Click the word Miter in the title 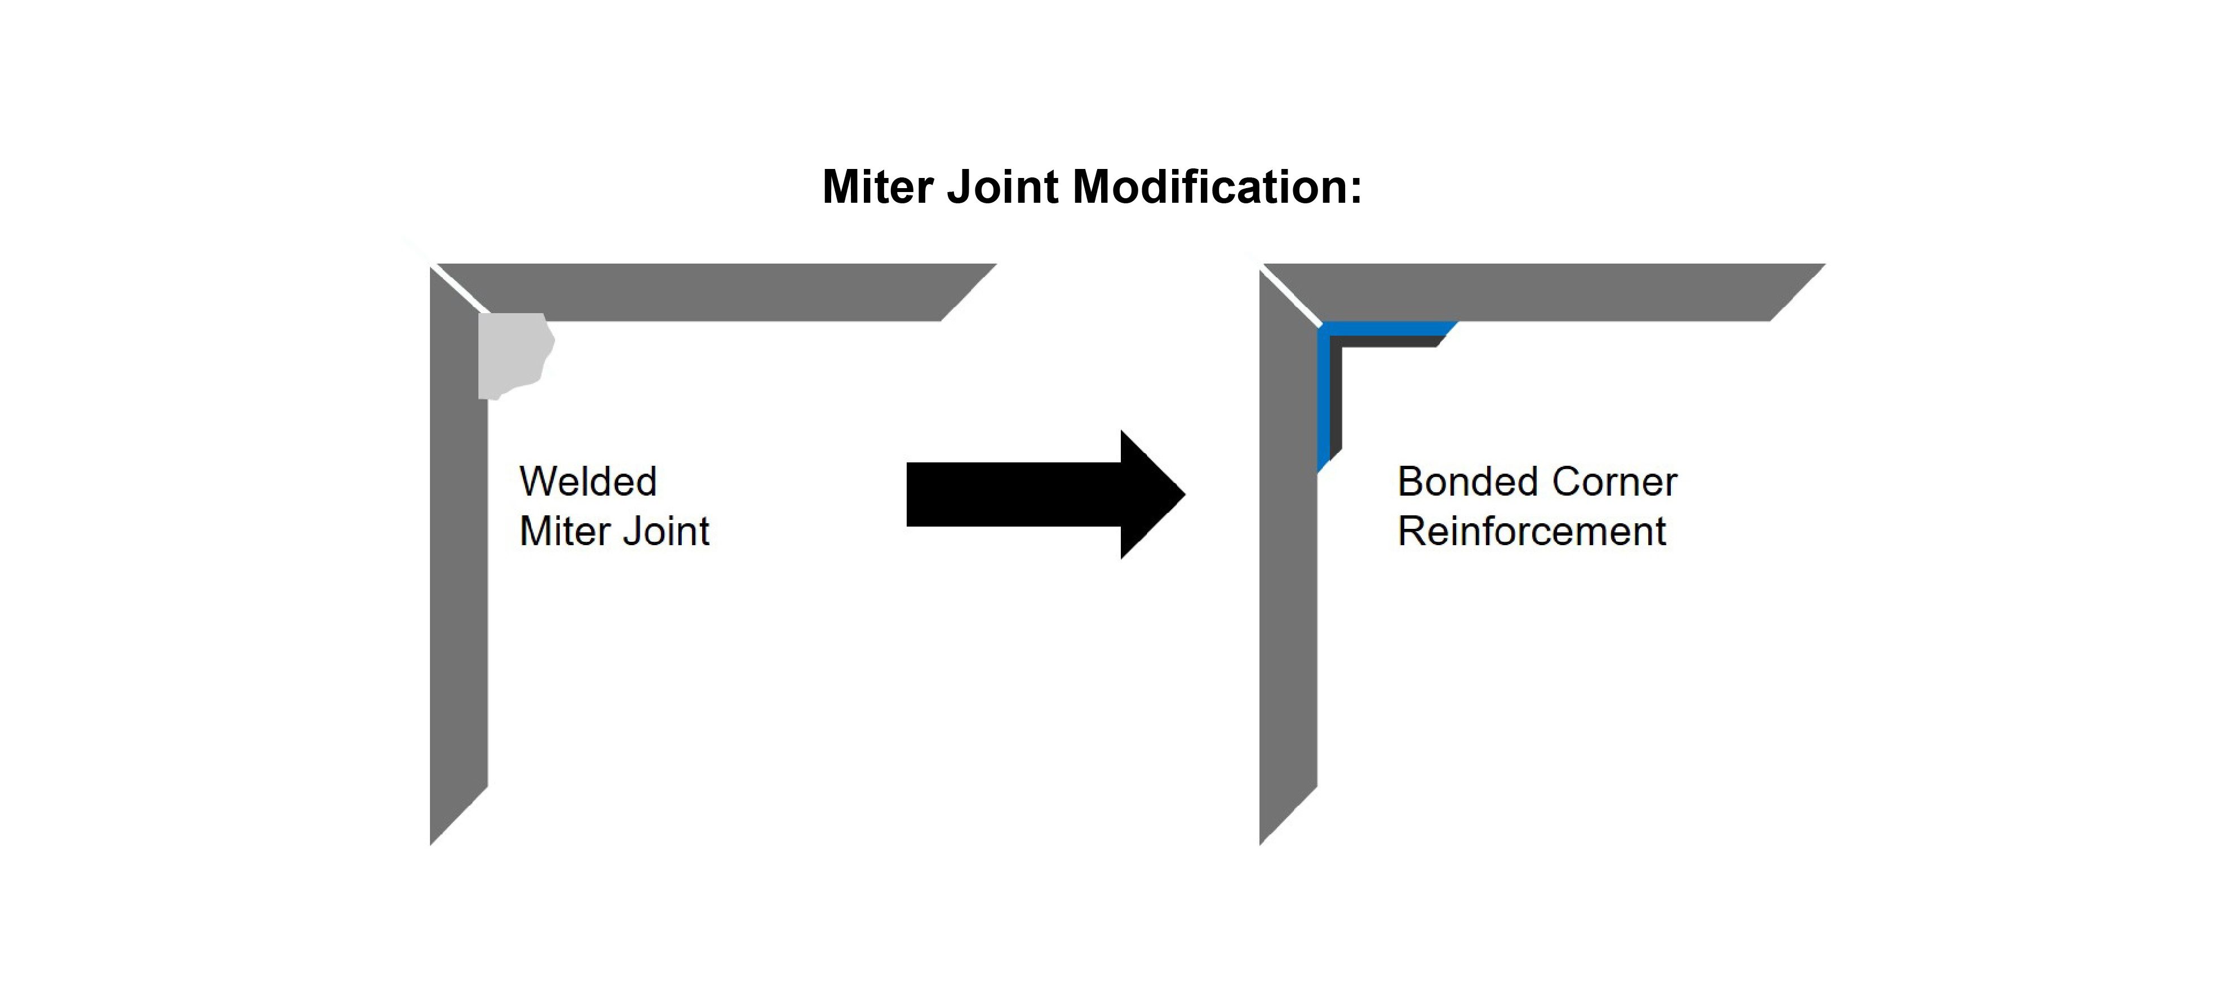point(879,187)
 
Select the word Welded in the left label point(588,482)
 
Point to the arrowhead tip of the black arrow point(1183,494)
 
